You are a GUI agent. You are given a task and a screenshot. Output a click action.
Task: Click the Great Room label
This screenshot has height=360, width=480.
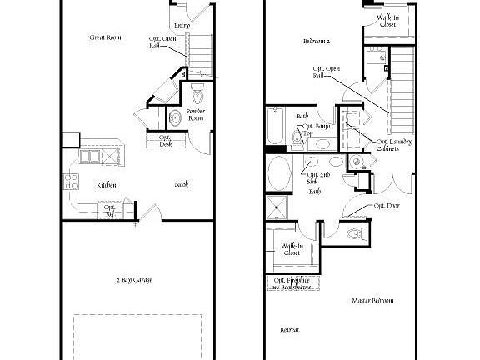click(105, 37)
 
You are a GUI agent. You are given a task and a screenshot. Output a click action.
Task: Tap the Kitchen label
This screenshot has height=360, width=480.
click(106, 185)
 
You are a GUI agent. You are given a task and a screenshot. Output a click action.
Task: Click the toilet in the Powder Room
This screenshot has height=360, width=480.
click(198, 89)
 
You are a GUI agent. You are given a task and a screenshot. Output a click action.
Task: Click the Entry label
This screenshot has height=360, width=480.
click(182, 26)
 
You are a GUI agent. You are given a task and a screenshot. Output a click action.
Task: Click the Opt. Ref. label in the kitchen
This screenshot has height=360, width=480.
click(109, 211)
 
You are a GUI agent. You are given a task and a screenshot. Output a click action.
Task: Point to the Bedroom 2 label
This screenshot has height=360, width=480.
click(317, 41)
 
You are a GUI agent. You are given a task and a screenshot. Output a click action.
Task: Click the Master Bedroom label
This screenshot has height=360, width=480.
click(372, 300)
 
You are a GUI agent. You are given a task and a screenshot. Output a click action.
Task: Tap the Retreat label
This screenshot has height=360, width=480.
click(289, 330)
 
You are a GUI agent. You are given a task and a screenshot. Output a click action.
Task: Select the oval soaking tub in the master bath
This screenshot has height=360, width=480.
click(280, 175)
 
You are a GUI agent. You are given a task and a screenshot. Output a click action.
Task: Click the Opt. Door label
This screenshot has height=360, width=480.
click(385, 204)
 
